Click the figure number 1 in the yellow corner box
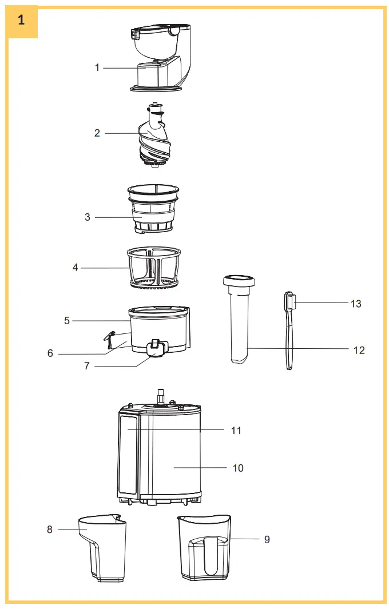coord(21,20)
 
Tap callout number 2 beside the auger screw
coord(97,133)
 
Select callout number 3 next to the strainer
coord(88,217)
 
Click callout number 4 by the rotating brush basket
coord(76,267)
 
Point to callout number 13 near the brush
coord(356,304)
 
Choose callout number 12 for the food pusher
coord(359,350)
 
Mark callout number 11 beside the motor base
coord(236,430)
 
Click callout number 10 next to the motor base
coord(238,468)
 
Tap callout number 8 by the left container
coord(50,530)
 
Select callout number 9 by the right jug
coord(267,539)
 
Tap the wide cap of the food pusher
coord(239,281)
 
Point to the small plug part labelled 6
coord(109,339)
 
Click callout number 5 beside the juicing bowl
coord(67,321)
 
